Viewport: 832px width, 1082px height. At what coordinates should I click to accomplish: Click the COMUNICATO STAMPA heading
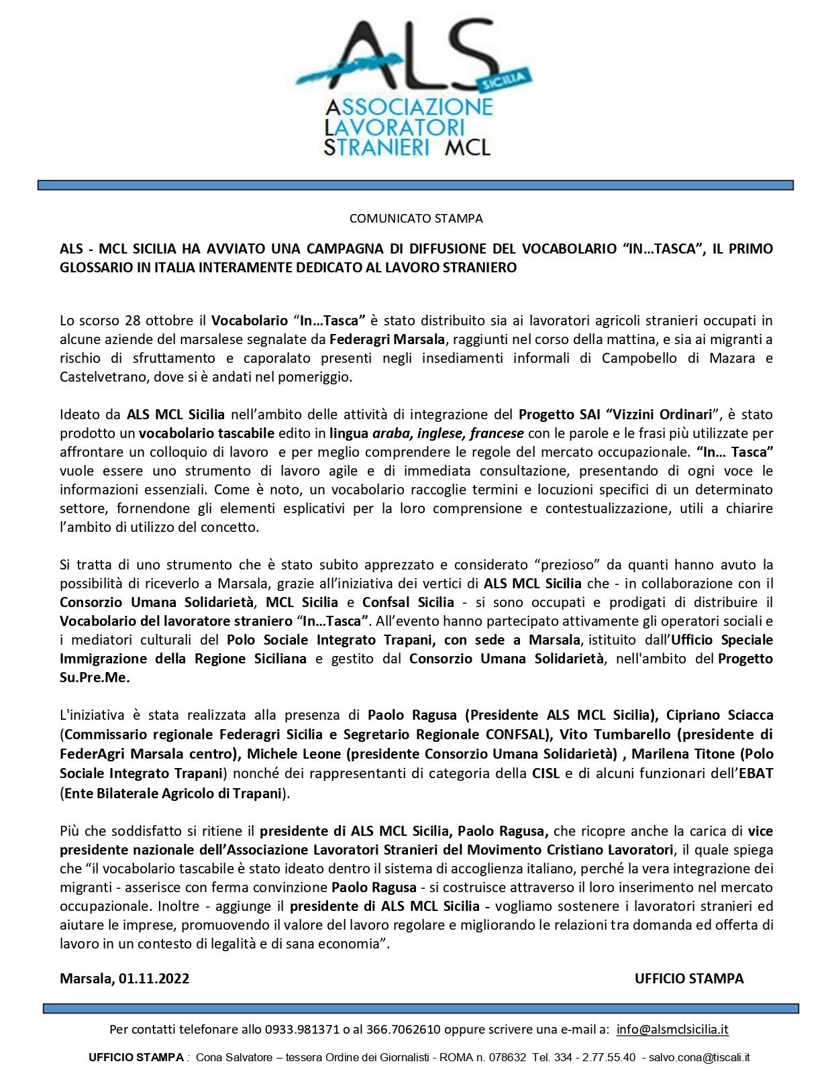click(415, 218)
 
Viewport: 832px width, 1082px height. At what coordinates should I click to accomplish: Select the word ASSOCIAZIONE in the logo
click(409, 107)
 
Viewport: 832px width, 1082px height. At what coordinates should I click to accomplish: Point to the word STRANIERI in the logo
click(376, 147)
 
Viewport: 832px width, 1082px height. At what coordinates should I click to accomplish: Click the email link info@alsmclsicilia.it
click(672, 1029)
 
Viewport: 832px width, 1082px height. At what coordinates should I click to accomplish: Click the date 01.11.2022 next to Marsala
click(154, 978)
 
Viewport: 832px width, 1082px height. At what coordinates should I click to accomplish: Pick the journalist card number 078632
click(507, 1057)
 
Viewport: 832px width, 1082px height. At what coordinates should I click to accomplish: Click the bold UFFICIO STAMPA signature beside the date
click(688, 978)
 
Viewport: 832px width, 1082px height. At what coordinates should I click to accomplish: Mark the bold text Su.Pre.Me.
click(95, 678)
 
